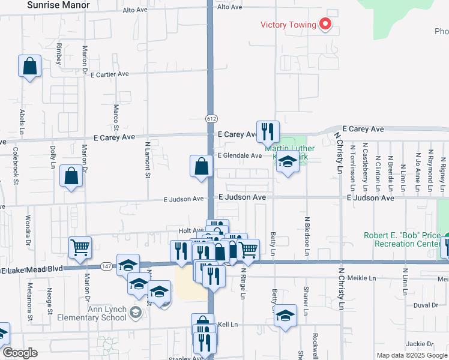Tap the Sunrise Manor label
[x=59, y=5]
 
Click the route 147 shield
[x=107, y=265]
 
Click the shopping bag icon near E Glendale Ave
[x=201, y=166]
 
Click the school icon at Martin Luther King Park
[x=288, y=163]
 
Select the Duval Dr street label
[x=426, y=305]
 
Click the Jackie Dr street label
[x=419, y=344]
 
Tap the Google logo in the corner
[x=20, y=353]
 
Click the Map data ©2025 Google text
[x=411, y=355]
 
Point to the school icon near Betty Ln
[x=286, y=315]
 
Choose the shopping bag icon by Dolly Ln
[x=71, y=176]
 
